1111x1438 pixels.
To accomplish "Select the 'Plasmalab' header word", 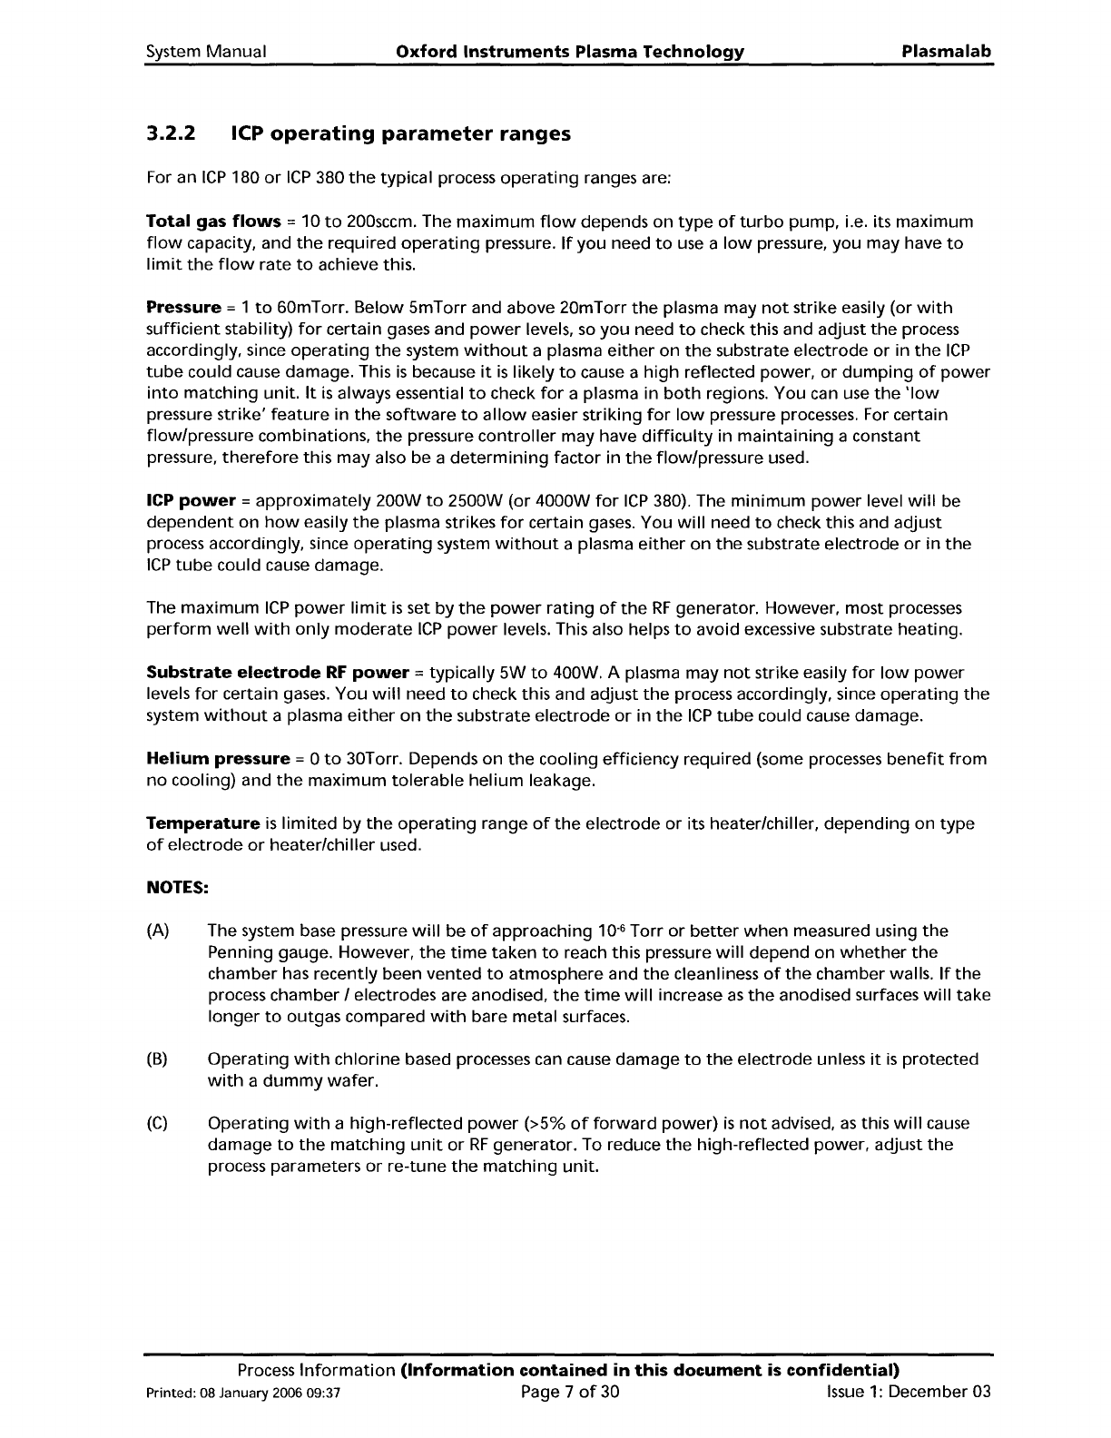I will (x=947, y=52).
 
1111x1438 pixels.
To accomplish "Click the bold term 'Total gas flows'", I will (x=213, y=222).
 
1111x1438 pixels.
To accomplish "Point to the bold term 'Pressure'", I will (x=184, y=309).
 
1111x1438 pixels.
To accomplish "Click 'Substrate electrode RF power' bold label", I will (x=278, y=674).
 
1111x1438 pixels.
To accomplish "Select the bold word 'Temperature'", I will (x=203, y=824).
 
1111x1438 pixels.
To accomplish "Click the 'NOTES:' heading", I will (x=178, y=888).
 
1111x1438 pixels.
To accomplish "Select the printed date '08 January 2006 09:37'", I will (x=273, y=1419).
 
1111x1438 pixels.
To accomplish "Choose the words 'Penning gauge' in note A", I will (x=261, y=953).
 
